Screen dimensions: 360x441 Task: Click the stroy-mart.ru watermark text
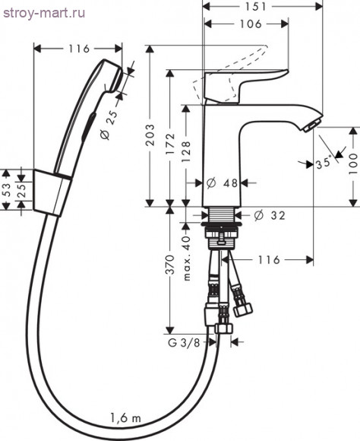44,13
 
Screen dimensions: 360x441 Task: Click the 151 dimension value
255,7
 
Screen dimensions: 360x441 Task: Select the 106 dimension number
250,24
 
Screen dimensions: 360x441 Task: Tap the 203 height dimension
150,135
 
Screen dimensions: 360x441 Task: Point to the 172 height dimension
170,144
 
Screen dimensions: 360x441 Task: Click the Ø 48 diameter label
222,183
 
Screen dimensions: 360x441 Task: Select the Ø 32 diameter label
270,215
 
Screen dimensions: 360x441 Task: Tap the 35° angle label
324,163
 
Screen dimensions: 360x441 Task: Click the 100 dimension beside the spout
353,164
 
